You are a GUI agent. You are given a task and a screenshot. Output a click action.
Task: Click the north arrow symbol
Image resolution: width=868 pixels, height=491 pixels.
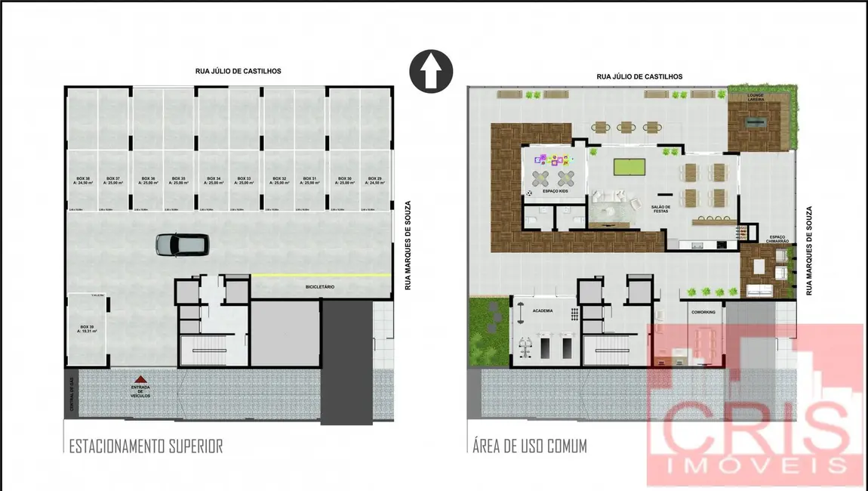tap(430, 72)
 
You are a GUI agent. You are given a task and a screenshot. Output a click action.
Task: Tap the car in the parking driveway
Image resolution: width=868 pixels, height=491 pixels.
tap(182, 243)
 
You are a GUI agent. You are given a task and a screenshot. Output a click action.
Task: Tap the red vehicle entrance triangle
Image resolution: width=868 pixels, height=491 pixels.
tap(139, 380)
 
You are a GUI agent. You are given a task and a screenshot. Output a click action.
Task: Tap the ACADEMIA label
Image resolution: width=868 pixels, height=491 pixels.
tap(543, 310)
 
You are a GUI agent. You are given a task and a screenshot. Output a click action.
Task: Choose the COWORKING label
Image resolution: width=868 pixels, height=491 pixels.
tap(703, 310)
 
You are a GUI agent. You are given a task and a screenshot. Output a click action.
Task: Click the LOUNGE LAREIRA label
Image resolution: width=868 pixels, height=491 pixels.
tap(756, 97)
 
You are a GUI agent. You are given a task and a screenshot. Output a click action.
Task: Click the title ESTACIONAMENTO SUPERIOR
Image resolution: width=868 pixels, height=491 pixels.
tap(146, 446)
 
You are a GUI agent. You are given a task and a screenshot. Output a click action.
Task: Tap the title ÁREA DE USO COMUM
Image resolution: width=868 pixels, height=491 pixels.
tap(527, 446)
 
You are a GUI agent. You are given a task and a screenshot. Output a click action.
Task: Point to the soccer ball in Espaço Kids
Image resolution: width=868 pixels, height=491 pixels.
tap(528, 193)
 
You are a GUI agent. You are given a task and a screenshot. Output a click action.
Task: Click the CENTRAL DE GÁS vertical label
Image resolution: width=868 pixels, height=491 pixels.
tap(72, 395)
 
